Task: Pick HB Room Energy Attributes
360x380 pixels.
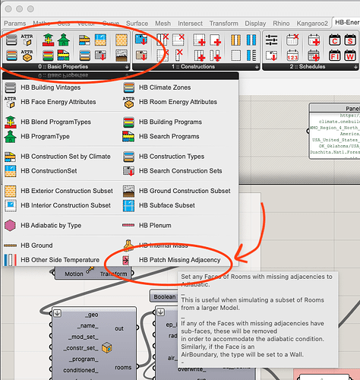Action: pyautogui.click(x=178, y=102)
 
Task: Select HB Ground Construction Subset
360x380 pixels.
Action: pyautogui.click(x=185, y=191)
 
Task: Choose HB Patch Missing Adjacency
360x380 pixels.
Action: pyautogui.click(x=179, y=260)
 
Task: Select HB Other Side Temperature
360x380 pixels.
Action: pyautogui.click(x=60, y=260)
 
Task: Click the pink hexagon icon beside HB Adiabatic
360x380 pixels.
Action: pyautogui.click(x=10, y=226)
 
